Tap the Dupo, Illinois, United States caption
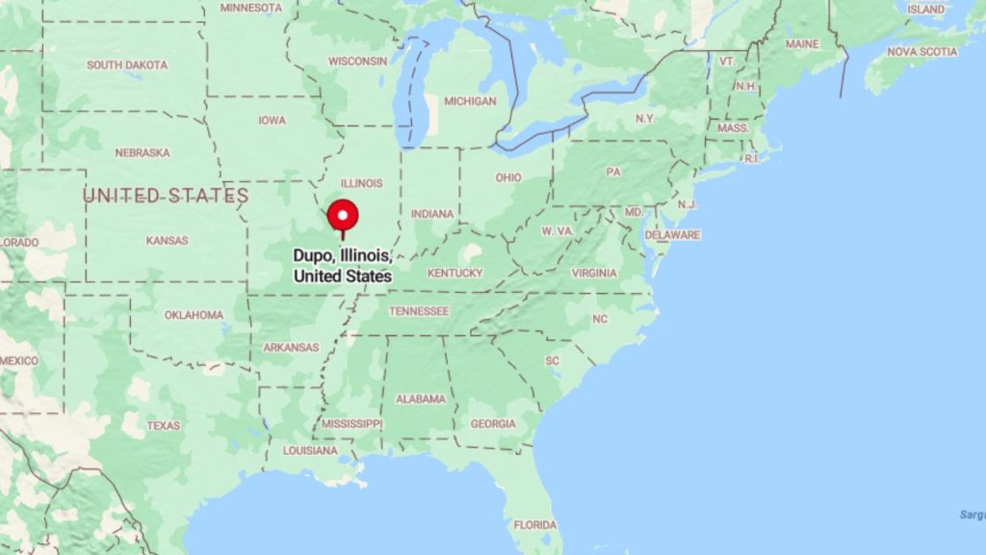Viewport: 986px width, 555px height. pos(343,266)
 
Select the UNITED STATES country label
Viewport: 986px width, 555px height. pos(166,197)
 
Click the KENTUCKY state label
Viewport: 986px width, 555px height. pos(455,273)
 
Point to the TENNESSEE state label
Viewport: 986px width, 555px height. pos(419,311)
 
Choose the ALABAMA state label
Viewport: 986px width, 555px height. pos(421,399)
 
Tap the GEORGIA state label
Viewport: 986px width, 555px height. pos(492,424)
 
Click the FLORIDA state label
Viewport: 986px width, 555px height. pos(534,525)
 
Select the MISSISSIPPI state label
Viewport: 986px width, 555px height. pos(351,424)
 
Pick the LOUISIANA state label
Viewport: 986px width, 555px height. pos(310,450)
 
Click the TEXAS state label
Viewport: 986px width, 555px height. pos(164,425)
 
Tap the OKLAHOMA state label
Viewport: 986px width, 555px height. pos(194,315)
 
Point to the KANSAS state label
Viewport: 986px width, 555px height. pos(167,240)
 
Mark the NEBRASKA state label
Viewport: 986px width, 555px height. pos(143,152)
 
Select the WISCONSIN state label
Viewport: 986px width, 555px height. pos(357,61)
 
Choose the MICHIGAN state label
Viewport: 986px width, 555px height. pos(470,101)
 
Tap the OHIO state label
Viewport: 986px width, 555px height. pos(508,177)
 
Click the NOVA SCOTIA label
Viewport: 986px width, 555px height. pos(922,51)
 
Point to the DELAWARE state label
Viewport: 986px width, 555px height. pos(673,234)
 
